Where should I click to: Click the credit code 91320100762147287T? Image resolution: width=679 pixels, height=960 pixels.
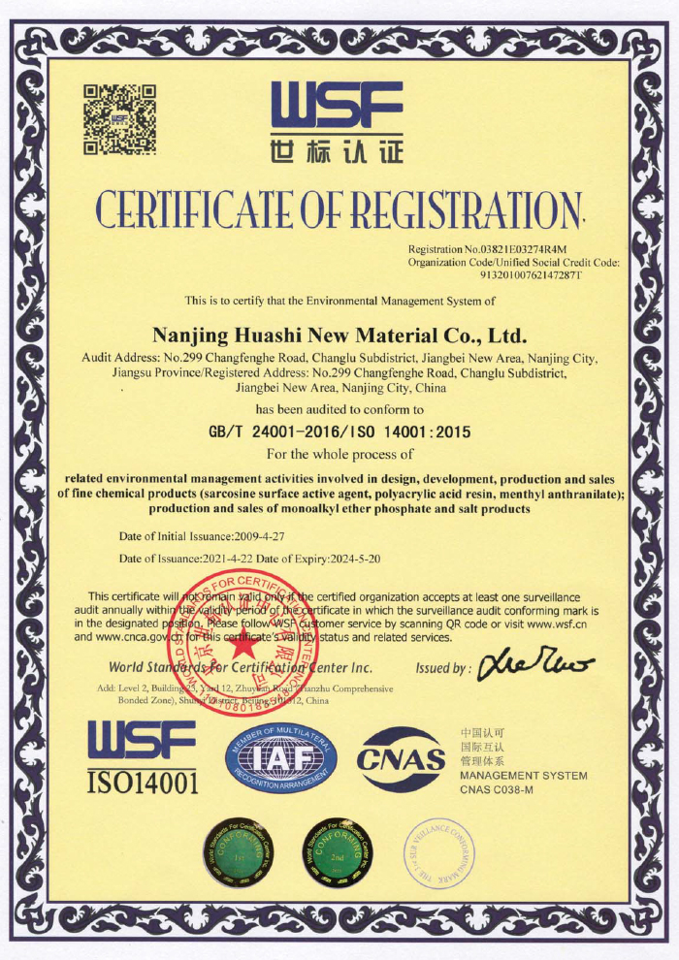click(531, 274)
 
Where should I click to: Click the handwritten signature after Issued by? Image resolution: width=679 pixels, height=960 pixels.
click(532, 665)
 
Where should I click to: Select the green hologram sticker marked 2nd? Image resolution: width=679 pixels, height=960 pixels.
click(338, 851)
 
